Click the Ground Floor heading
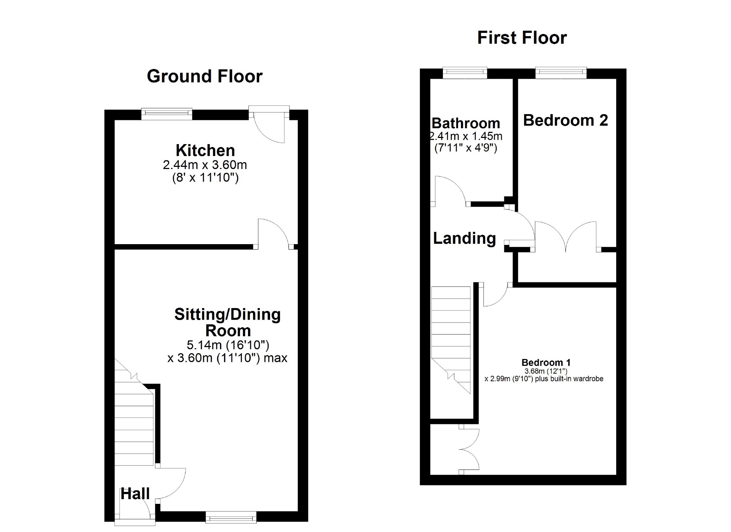(205, 77)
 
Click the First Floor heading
(522, 38)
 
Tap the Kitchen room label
(205, 150)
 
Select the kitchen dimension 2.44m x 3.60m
(205, 165)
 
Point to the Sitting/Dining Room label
(227, 323)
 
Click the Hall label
(135, 494)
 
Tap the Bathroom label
(466, 123)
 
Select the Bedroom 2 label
(565, 120)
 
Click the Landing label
(464, 238)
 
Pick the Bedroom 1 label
(546, 362)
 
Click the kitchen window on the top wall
(167, 114)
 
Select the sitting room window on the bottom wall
(231, 517)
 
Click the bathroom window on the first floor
(465, 73)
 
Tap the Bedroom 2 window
(561, 73)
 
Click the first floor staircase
(451, 340)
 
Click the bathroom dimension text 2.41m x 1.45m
(466, 137)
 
